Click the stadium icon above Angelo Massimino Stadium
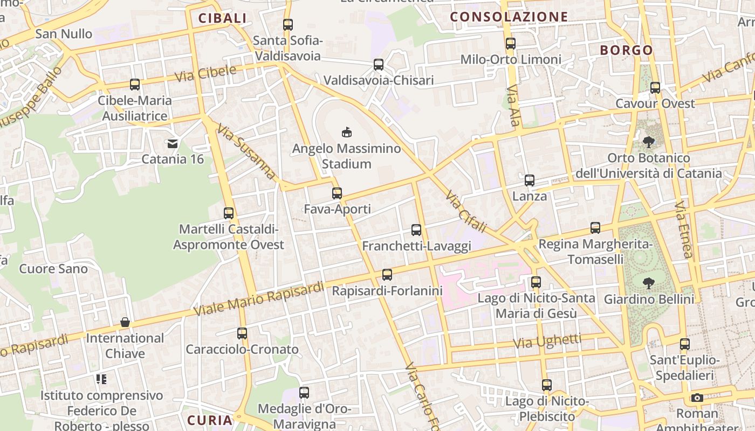click(346, 132)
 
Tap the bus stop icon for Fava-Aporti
click(337, 193)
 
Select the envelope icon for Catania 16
click(173, 143)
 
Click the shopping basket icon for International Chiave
click(125, 322)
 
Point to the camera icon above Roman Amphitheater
click(697, 398)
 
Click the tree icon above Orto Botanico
click(649, 142)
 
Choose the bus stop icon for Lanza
click(530, 180)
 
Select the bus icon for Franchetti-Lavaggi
click(416, 230)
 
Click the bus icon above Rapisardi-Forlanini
click(387, 275)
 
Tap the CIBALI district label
click(222, 18)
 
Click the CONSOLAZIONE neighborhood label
click(509, 17)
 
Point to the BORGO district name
click(627, 50)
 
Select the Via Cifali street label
click(466, 211)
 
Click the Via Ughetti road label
click(547, 341)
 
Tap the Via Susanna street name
click(246, 152)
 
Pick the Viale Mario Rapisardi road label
click(259, 299)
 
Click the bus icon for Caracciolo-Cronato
click(242, 333)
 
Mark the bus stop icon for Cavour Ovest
click(655, 87)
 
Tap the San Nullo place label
click(64, 34)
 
